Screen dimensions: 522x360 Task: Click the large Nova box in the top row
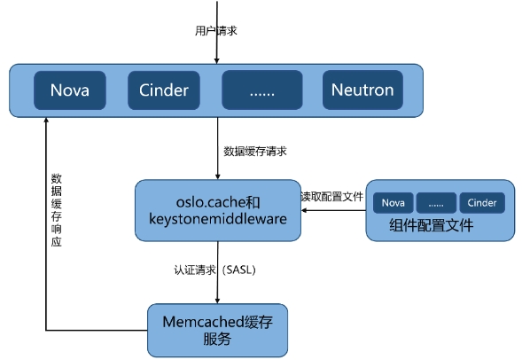coord(70,90)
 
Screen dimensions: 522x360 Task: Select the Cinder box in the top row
coord(164,90)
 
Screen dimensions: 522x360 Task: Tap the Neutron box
coord(362,90)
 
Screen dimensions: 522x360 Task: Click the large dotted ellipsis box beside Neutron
coord(262,90)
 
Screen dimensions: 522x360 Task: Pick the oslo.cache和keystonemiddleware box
coord(218,210)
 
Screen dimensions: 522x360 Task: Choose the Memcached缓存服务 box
coord(217,331)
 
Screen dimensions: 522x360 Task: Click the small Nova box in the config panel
coord(393,202)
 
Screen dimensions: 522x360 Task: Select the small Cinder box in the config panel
coord(482,202)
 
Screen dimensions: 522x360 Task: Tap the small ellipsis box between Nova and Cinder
coord(436,202)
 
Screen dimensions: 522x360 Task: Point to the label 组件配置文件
coord(431,225)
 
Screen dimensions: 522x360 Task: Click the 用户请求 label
coord(215,31)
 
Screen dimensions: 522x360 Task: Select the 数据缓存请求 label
coord(255,152)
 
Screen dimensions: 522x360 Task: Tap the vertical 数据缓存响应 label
coord(56,210)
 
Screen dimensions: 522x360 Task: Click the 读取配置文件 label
coord(332,197)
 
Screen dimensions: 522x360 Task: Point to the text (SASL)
coord(238,270)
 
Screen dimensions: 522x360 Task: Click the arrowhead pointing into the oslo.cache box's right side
coord(304,210)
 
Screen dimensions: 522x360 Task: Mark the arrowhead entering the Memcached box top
coord(217,301)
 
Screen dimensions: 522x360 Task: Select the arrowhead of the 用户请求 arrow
coord(217,61)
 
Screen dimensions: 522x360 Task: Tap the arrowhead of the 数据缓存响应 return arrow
coord(46,121)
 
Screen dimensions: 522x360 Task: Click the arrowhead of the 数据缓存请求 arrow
coord(218,176)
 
